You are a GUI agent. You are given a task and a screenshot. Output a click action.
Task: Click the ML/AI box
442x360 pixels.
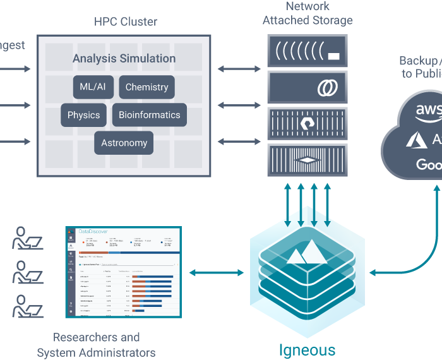93,87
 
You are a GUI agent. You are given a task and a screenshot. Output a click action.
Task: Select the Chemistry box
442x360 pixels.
146,87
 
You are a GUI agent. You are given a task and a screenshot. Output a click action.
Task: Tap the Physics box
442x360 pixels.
83,115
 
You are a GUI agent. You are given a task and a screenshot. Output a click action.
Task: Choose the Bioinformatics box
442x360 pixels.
150,115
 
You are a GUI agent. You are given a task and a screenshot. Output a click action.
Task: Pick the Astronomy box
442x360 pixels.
124,143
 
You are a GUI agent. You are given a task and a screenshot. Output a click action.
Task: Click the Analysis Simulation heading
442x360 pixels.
124,59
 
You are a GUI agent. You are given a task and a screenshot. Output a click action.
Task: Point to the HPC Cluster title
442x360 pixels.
125,22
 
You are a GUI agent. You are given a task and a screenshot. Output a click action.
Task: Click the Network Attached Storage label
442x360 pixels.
308,13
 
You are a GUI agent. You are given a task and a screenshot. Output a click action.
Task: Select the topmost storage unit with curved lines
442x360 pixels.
307,51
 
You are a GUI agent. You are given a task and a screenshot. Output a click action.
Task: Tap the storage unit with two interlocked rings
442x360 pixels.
307,87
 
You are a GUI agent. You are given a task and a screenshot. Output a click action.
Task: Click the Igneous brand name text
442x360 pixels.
308,349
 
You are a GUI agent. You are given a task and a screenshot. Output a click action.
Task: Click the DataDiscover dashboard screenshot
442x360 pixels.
122,272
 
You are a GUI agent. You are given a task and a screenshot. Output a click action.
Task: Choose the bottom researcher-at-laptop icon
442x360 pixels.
27,306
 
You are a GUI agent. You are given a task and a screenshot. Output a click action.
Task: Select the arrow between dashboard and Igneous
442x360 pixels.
216,273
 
